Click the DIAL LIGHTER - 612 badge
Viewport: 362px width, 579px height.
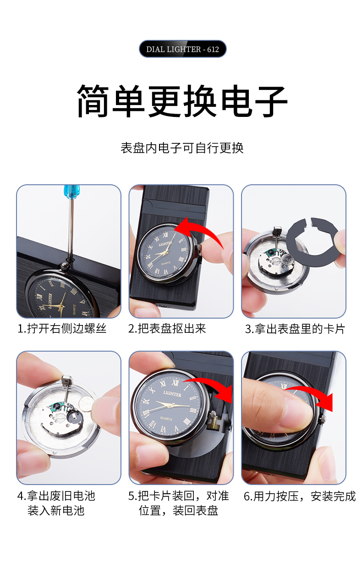pos(182,49)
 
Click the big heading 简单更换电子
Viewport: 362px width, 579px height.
pos(182,101)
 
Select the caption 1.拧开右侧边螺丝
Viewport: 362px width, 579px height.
pos(62,329)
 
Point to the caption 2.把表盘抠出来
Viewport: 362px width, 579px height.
pos(167,329)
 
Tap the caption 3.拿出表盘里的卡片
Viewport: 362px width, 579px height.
pos(295,329)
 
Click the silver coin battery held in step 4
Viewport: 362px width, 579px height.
pos(86,404)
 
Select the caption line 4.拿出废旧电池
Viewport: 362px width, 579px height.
pos(56,496)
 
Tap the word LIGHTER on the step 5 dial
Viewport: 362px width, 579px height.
pos(172,394)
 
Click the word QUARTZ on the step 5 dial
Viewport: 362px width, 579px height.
pos(166,419)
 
